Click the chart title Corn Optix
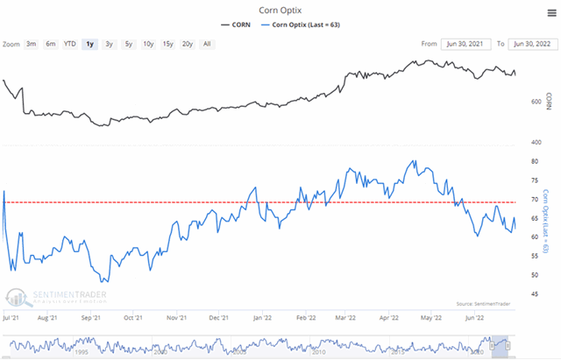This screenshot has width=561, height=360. click(280, 11)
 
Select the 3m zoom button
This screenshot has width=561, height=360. click(32, 43)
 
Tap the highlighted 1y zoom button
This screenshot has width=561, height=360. click(90, 43)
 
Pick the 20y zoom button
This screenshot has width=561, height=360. click(187, 43)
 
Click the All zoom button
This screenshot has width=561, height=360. click(207, 43)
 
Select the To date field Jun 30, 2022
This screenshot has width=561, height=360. click(530, 43)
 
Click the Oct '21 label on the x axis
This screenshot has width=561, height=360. click(135, 320)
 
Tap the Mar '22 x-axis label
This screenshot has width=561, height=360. click(345, 320)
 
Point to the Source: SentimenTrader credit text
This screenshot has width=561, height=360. click(481, 303)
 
